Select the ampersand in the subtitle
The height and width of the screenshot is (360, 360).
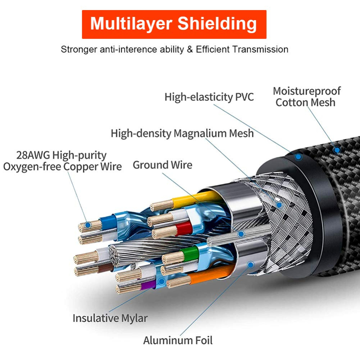pos(190,49)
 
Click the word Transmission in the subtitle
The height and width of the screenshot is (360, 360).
pos(260,49)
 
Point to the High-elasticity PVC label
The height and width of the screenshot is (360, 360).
pos(209,97)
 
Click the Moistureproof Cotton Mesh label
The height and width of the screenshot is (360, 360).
pos(306,96)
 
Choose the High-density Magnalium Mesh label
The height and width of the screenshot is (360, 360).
pos(182,133)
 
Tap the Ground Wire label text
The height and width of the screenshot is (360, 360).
pos(162,165)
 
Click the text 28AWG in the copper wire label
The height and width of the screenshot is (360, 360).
pos(33,155)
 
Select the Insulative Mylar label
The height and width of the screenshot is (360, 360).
pos(110,318)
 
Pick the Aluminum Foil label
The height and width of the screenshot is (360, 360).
pos(178,340)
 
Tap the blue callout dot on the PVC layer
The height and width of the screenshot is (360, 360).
pos(298,157)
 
